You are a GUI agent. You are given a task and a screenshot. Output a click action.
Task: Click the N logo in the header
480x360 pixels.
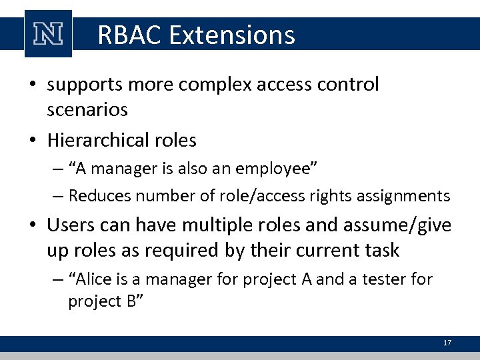click(48, 34)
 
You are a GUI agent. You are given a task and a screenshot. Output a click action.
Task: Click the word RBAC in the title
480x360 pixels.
click(130, 35)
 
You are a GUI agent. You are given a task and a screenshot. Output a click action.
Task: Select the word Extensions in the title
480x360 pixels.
click(232, 35)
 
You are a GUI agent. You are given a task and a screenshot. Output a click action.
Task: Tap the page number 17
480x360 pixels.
click(447, 343)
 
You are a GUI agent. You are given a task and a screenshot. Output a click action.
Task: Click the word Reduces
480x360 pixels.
click(96, 196)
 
